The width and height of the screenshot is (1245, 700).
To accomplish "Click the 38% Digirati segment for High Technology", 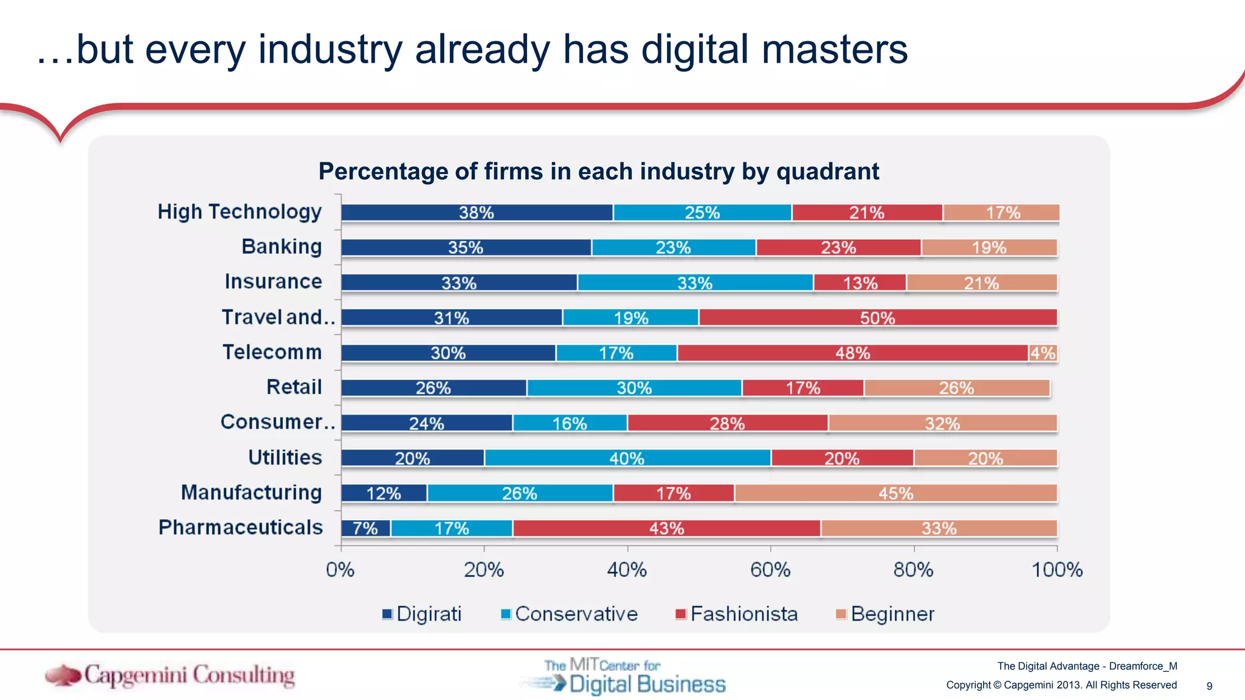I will pos(477,213).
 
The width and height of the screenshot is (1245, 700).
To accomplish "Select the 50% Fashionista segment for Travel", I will pos(877,318).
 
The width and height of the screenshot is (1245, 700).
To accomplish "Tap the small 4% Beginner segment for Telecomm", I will pos(1043,353).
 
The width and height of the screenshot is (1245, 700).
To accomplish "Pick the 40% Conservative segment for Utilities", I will pos(627,458).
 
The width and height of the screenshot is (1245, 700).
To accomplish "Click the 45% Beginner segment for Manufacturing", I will pos(895,493).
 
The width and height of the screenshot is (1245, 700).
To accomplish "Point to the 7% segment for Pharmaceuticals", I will pos(365,529).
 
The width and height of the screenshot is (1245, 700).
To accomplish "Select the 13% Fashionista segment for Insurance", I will pos(860,283).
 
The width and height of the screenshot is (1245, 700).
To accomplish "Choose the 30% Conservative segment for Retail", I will pos(634,388).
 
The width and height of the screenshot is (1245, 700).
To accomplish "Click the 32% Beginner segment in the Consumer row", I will pos(942,424).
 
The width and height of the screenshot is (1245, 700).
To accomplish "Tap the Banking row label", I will pos(281,247).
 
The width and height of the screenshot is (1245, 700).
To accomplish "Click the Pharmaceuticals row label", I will pos(241,527).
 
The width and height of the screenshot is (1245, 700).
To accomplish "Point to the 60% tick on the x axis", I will pos(770,570).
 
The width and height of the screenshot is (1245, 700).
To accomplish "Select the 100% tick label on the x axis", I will pos(1057,570).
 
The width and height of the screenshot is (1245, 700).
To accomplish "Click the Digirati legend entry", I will pos(422,614).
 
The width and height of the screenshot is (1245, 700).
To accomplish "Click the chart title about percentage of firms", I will pos(599,172).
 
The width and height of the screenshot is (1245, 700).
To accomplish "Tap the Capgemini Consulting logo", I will pos(170,675).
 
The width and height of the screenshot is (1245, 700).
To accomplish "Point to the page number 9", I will pos(1209,686).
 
